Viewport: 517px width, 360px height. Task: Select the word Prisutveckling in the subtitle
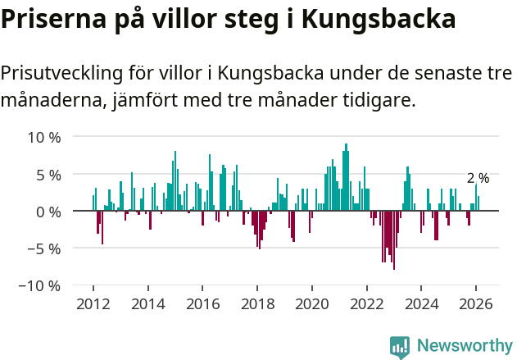point(62,73)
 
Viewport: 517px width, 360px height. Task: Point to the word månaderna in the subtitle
point(51,100)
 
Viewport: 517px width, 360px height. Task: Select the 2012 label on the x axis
point(93,303)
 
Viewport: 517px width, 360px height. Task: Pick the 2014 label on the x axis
point(148,303)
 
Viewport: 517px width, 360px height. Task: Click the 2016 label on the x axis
point(202,303)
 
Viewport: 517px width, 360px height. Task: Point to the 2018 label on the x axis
point(257,303)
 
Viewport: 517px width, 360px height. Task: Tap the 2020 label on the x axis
point(311,303)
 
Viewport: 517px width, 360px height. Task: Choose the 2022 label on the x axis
point(366,303)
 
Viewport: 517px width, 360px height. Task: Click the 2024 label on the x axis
point(421,303)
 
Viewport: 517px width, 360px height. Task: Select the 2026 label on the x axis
point(475,303)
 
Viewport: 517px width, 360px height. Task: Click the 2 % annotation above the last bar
point(478,178)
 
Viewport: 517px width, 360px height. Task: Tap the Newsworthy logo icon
point(400,346)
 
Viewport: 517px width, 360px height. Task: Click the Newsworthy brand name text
point(464,346)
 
